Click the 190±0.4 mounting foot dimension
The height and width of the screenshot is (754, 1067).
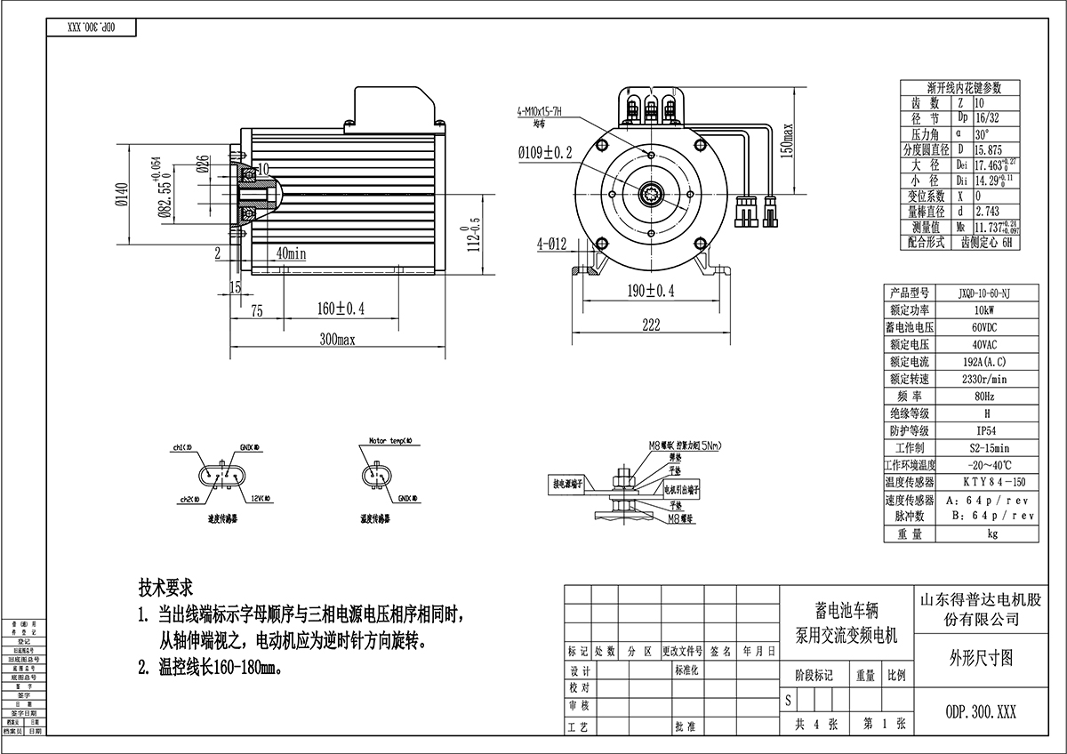[x=652, y=291]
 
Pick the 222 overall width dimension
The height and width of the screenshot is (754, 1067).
[x=652, y=326]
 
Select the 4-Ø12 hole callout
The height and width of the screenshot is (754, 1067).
[x=553, y=242]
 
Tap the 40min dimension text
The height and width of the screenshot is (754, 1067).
[x=292, y=253]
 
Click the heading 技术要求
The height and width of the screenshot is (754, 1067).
[x=165, y=589]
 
